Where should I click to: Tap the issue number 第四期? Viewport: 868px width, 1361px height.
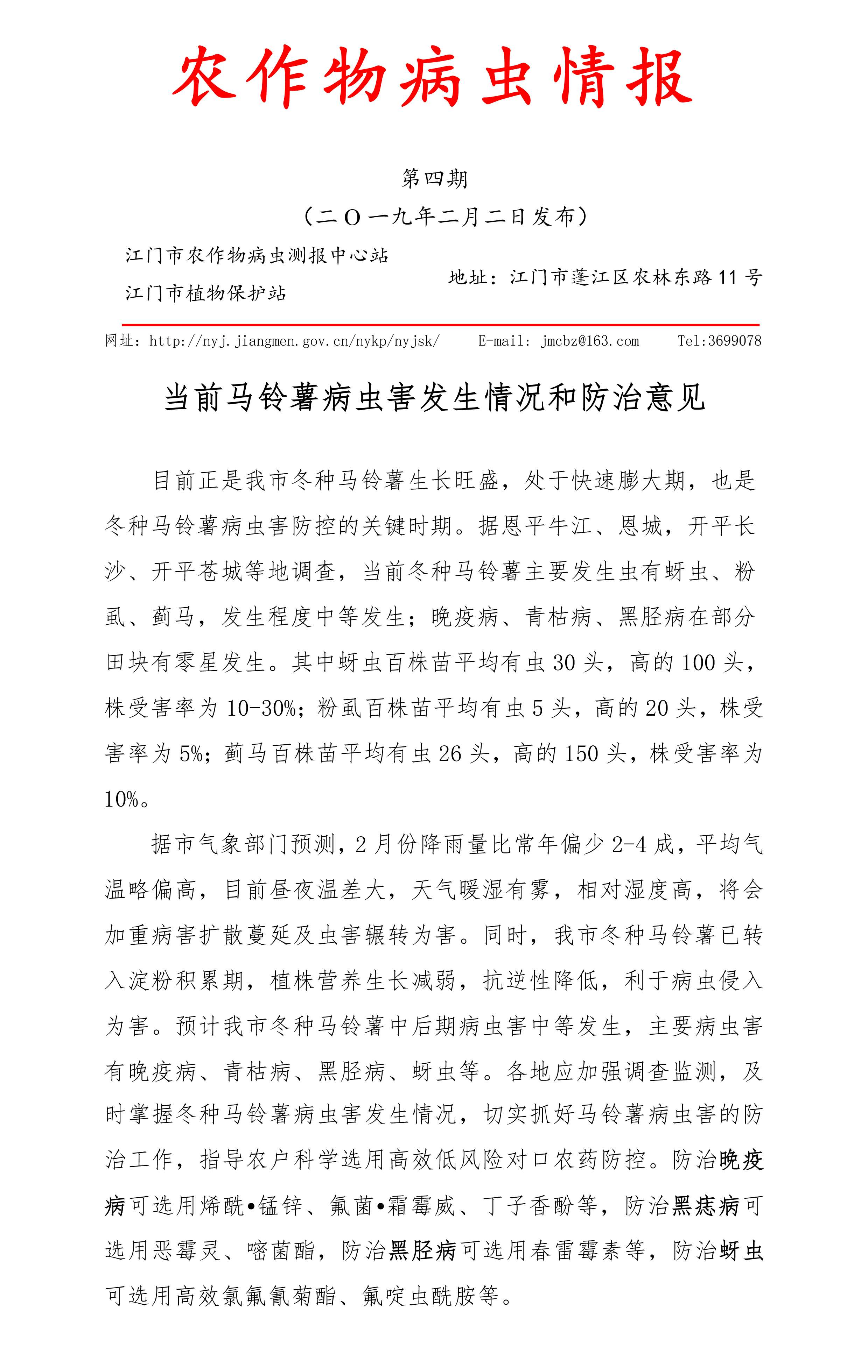click(x=434, y=179)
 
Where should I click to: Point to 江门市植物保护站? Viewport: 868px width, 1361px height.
click(x=206, y=293)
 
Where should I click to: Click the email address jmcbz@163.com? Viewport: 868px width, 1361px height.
click(x=590, y=341)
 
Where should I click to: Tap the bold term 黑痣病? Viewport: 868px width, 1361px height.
click(x=705, y=1206)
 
